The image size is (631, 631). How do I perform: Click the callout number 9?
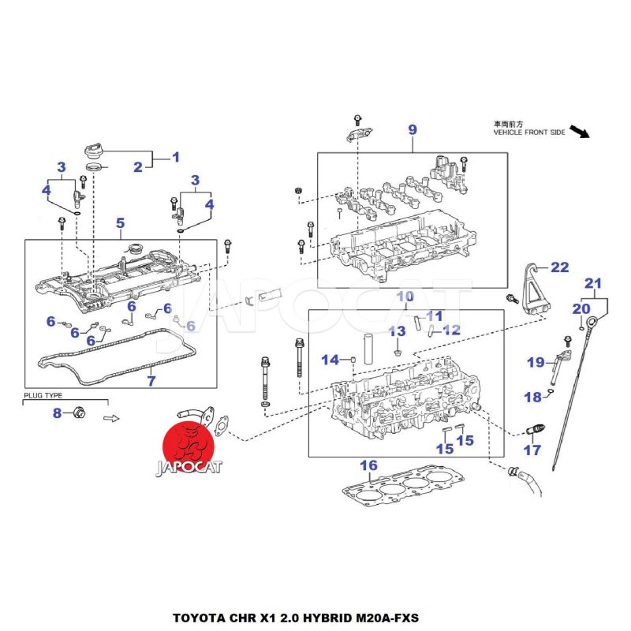tap(412, 129)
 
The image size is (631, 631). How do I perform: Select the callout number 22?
tap(559, 267)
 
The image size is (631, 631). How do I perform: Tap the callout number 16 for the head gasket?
tap(369, 465)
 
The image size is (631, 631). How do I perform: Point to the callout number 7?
tap(151, 381)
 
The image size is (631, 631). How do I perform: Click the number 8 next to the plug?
tap(57, 413)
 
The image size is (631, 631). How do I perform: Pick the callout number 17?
tap(533, 450)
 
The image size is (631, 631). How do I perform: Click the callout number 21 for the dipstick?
tap(592, 283)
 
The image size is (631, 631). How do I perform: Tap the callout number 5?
tap(120, 223)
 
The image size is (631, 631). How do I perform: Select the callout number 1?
tap(176, 157)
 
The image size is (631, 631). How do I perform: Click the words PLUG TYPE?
tap(43, 395)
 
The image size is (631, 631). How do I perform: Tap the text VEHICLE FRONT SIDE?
tap(528, 133)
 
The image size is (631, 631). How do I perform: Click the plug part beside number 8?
tap(79, 413)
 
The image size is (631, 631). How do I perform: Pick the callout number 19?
tap(536, 363)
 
